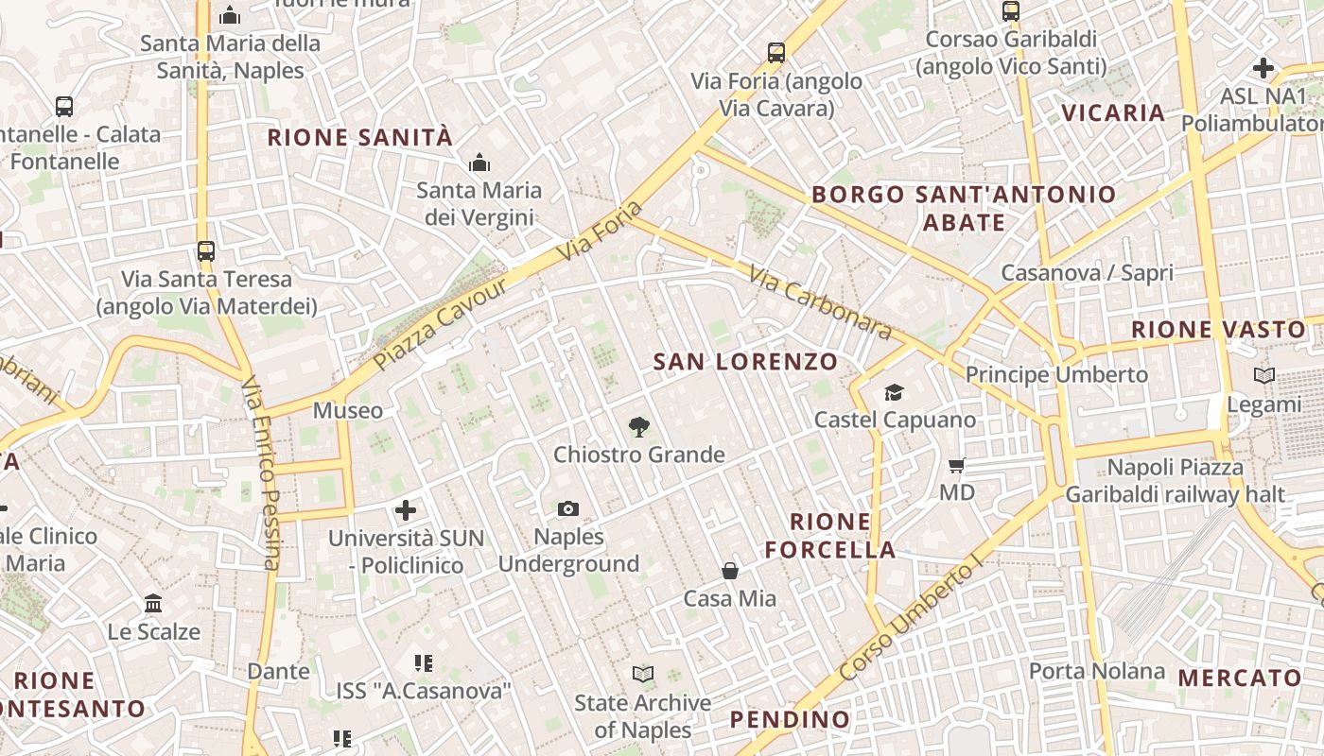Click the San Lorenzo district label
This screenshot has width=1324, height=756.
745,361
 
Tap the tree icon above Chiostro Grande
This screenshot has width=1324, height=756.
639,426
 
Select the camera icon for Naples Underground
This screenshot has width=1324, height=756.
567,509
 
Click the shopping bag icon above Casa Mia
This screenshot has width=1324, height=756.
730,571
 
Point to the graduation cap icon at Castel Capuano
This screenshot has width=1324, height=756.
894,392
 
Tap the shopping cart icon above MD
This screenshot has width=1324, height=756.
956,465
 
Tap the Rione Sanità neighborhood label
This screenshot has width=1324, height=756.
359,138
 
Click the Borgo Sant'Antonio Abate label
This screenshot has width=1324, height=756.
964,208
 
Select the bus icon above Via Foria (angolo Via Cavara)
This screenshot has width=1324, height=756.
776,53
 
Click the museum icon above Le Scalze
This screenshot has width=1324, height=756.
153,603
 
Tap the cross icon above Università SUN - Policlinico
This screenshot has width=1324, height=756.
406,511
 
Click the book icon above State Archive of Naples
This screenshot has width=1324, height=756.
643,675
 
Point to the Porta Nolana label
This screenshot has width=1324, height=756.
1096,672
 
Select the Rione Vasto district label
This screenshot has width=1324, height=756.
1218,330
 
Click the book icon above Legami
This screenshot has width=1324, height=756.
1263,376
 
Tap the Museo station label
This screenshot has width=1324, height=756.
348,411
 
